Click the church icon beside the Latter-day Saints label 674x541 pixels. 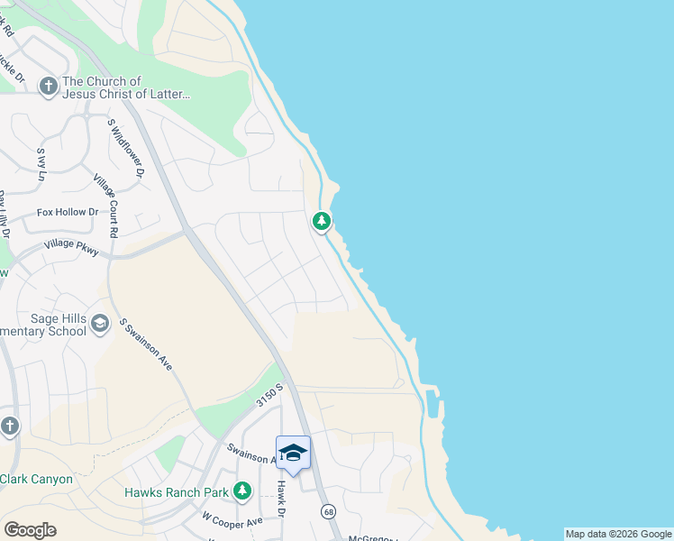pyautogui.click(x=48, y=86)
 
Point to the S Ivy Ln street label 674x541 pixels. pyautogui.click(x=41, y=165)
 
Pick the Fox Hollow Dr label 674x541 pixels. pyautogui.click(x=67, y=213)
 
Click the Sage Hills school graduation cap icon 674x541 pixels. pyautogui.click(x=100, y=322)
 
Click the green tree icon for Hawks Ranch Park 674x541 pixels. pyautogui.click(x=241, y=491)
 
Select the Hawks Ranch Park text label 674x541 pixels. pyautogui.click(x=176, y=492)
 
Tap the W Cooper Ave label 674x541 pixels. pyautogui.click(x=232, y=520)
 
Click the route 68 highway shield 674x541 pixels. pyautogui.click(x=326, y=510)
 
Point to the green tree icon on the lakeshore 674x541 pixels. pyautogui.click(x=321, y=220)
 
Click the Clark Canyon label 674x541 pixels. pyautogui.click(x=37, y=479)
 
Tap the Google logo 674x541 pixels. pyautogui.click(x=30, y=530)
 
